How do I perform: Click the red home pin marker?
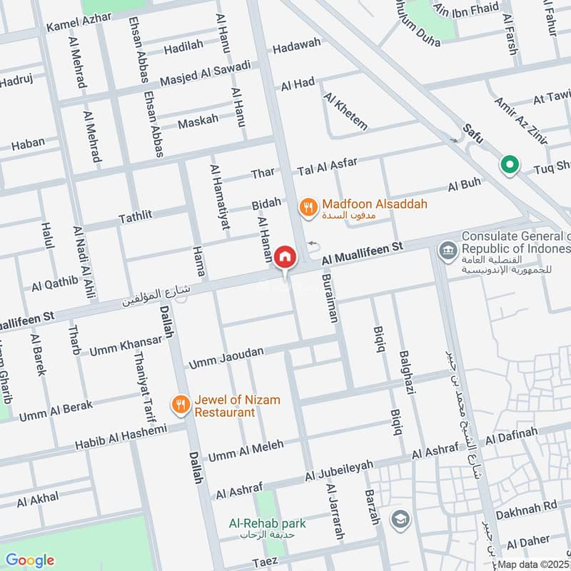[285, 256]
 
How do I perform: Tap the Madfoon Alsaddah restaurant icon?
[308, 207]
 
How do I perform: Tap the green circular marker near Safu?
[510, 166]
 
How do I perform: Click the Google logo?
[29, 560]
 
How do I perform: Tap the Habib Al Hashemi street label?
[121, 438]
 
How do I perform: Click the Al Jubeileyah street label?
[339, 470]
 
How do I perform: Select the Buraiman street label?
[329, 299]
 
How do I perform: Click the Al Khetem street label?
[345, 111]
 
